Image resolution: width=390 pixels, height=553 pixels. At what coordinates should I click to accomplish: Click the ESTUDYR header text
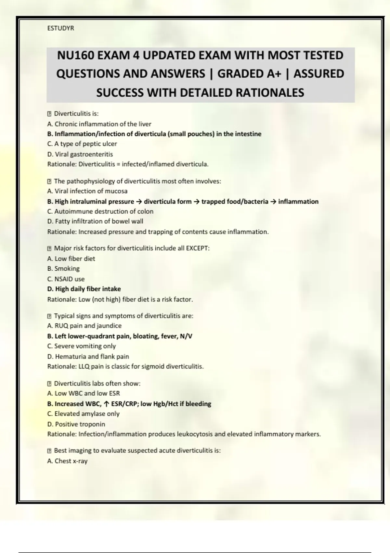coord(60,28)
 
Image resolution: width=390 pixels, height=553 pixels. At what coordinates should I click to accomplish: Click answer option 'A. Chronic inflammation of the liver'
coord(99,124)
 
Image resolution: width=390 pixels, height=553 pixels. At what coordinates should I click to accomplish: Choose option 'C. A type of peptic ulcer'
coord(82,144)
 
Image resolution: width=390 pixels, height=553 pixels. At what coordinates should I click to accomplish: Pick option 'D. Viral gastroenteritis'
coord(80,154)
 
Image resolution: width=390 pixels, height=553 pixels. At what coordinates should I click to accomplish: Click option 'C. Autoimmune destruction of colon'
coord(100,211)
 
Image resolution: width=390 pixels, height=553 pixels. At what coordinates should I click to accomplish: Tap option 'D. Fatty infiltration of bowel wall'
coord(95,222)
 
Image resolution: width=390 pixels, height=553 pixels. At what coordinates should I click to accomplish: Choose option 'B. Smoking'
coord(63,269)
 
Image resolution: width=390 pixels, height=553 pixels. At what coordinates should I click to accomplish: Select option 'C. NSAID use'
coord(66,279)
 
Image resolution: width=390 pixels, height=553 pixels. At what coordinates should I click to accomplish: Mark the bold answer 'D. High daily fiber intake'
coord(84,289)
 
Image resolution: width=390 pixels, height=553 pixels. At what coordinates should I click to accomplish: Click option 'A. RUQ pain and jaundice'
coord(84,326)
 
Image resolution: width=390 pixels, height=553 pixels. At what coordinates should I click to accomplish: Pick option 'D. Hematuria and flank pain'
coord(88,357)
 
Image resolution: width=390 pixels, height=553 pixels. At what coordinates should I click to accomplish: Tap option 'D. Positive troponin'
coord(76,424)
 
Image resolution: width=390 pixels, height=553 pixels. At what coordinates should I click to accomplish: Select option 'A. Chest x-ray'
coord(67,461)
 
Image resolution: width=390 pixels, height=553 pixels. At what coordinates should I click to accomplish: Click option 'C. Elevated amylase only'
coord(83,414)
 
